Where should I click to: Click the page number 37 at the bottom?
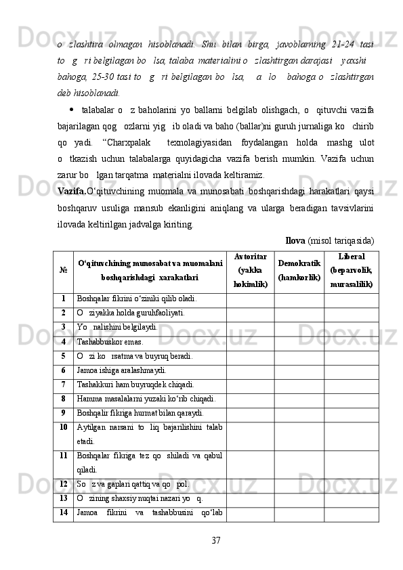click(x=216, y=540)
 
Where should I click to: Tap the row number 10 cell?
click(x=63, y=428)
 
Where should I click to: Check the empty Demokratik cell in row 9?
click(x=299, y=414)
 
